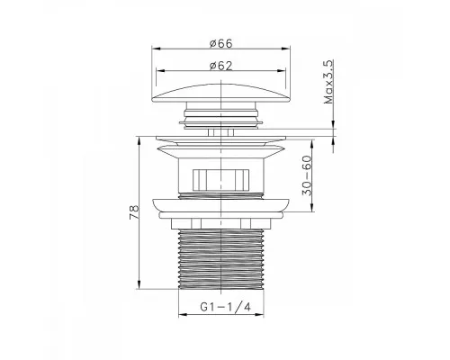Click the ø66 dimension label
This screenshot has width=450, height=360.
[x=221, y=43]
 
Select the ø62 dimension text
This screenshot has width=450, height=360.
[x=221, y=66]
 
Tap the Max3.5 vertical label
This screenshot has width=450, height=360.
[x=328, y=82]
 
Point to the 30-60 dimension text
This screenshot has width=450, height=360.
[x=307, y=176]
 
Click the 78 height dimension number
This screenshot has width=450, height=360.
[x=134, y=212]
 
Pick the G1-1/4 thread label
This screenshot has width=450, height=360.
[x=225, y=307]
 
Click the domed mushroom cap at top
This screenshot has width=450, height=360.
[x=221, y=93]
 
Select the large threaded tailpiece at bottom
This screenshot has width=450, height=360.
[x=221, y=259]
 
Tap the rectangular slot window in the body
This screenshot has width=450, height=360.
[x=221, y=180]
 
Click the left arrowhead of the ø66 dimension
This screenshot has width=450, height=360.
[x=155, y=48]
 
